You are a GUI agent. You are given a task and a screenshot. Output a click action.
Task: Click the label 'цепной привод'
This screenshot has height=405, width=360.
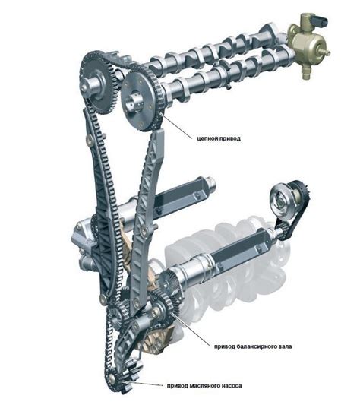[x=219, y=138]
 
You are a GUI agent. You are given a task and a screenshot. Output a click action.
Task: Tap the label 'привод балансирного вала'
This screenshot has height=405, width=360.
[x=253, y=346]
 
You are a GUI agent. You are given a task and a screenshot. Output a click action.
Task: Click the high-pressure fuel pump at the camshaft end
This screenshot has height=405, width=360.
[x=308, y=45]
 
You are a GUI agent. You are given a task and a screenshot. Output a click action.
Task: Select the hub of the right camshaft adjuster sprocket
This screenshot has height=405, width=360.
[x=134, y=102]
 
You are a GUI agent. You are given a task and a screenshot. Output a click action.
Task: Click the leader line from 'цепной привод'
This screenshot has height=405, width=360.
[x=178, y=126]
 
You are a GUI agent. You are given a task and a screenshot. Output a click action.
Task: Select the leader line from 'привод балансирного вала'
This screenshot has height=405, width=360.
[x=191, y=329]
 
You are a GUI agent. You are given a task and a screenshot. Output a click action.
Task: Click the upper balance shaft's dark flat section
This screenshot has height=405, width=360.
[x=178, y=198]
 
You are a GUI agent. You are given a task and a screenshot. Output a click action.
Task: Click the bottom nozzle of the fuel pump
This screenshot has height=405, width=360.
[x=306, y=74]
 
